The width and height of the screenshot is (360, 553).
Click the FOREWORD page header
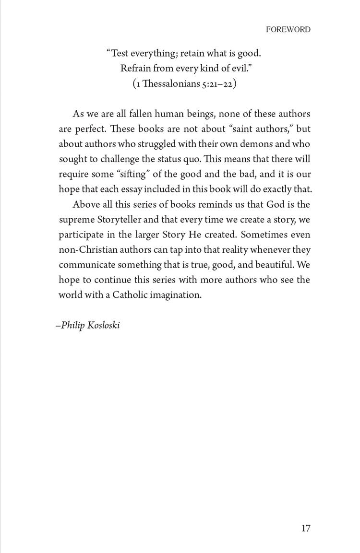(x=288, y=30)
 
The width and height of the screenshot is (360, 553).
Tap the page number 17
(x=306, y=528)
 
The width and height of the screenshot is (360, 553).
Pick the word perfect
(x=87, y=129)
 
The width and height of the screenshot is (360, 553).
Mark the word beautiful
(x=268, y=264)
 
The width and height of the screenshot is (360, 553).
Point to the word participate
(x=82, y=235)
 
